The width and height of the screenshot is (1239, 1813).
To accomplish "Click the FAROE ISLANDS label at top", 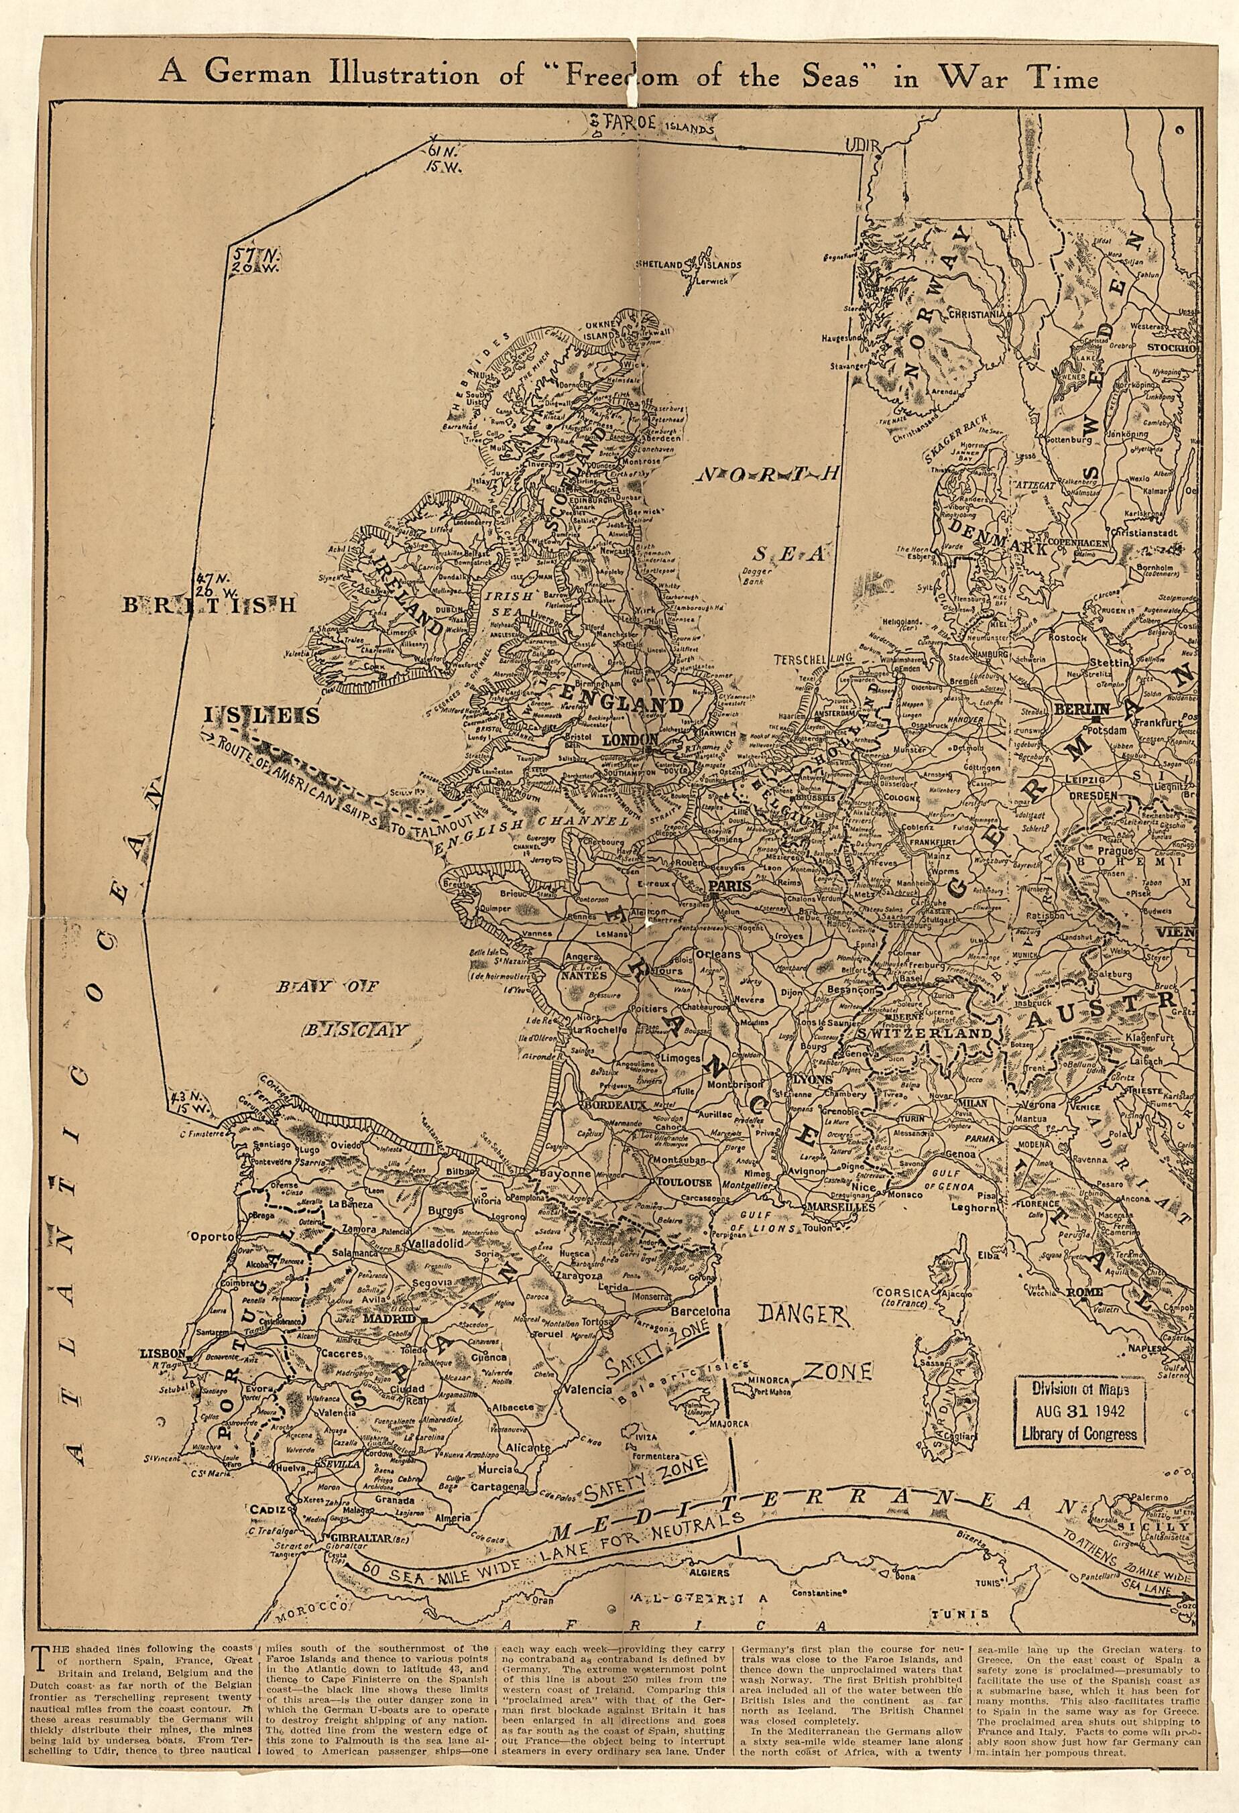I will pos(659,125).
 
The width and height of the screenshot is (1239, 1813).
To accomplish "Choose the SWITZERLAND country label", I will pos(925,1032).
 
